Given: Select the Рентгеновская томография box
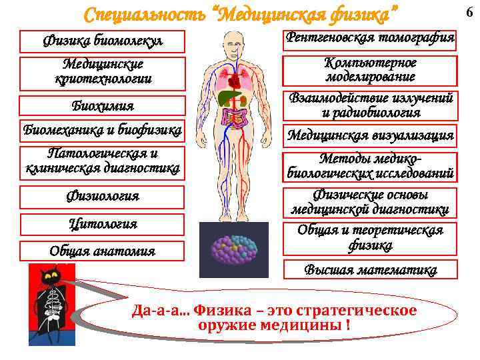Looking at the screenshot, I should [x=371, y=39].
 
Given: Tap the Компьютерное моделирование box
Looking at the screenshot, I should [x=371, y=70].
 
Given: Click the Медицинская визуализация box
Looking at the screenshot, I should [x=371, y=135].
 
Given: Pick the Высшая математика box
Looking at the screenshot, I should [x=371, y=270].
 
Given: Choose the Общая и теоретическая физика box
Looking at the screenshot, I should [x=371, y=238].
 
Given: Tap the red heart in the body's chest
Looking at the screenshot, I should [x=234, y=81].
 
